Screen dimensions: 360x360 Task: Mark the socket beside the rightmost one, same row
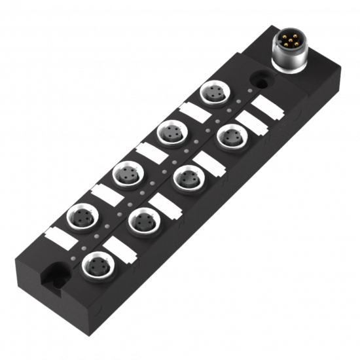pyautogui.click(x=188, y=177)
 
